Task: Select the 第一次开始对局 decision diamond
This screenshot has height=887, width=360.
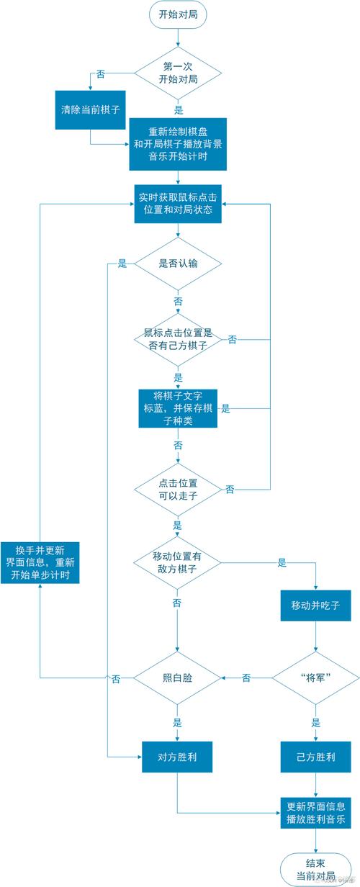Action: pyautogui.click(x=177, y=73)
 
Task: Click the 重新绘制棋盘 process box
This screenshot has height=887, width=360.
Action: pyautogui.click(x=177, y=143)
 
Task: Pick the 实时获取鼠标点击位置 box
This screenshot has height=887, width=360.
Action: pyautogui.click(x=177, y=204)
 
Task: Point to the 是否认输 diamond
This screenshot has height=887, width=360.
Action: pyautogui.click(x=177, y=264)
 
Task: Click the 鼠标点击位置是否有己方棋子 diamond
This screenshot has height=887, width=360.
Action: pyautogui.click(x=177, y=338)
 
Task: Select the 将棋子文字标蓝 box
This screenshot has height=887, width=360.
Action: pyautogui.click(x=177, y=408)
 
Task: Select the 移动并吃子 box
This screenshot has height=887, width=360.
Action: pyautogui.click(x=315, y=607)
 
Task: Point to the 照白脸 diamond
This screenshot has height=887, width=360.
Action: pyautogui.click(x=177, y=677)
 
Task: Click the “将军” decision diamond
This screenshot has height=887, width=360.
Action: pyautogui.click(x=315, y=677)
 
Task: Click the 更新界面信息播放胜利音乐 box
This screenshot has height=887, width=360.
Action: pyautogui.click(x=315, y=812)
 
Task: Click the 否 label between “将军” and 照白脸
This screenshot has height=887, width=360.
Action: pyautogui.click(x=246, y=677)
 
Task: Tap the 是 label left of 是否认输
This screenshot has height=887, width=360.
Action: pyautogui.click(x=122, y=264)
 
